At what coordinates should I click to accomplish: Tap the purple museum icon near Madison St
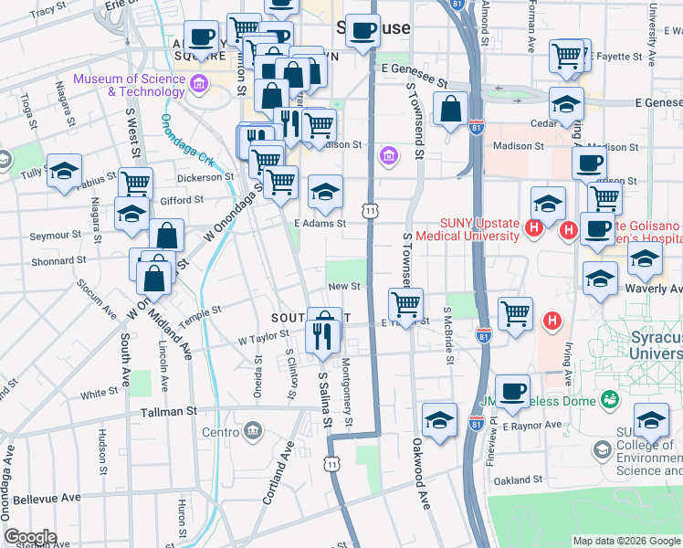390,156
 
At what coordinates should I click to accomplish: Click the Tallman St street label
169,413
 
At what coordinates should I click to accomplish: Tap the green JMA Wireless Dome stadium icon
609,399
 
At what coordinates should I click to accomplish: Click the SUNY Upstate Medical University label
468,228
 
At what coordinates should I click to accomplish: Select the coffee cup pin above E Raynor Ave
512,391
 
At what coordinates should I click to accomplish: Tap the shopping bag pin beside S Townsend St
451,110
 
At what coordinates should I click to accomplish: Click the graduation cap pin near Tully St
65,171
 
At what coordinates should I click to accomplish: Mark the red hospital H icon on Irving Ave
552,321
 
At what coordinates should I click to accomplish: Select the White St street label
94,395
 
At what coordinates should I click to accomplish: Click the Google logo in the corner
30,537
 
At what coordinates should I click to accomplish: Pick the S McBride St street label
448,333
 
